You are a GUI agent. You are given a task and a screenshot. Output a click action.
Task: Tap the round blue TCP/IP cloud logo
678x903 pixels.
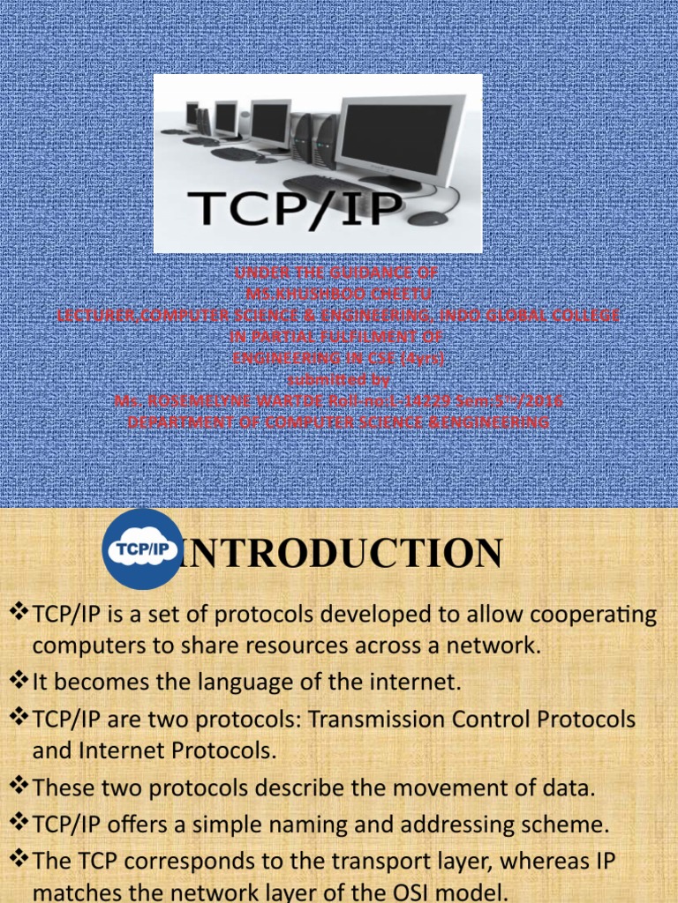(x=143, y=549)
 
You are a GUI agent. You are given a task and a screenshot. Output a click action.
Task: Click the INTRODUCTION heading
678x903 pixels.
(x=343, y=553)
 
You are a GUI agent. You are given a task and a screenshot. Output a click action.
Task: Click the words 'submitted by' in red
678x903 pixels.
(x=339, y=379)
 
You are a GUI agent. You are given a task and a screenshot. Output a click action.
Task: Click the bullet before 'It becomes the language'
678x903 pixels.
(x=19, y=681)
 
